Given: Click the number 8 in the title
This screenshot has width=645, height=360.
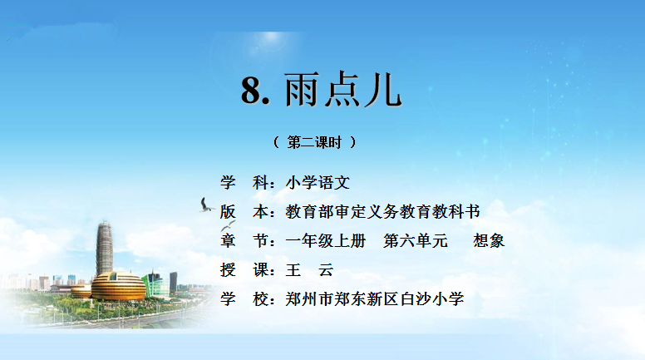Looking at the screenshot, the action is tap(251, 90).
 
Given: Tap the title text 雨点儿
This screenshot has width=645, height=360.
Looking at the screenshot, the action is tap(342, 89).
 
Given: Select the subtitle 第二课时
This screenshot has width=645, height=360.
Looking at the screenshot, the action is tap(314, 142).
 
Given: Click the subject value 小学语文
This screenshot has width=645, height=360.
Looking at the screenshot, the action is tap(318, 182).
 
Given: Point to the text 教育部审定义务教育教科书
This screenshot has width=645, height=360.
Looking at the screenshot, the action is tap(382, 211).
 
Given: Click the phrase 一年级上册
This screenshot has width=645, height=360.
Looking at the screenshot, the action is tap(325, 240).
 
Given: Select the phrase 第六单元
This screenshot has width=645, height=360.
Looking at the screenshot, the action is tap(415, 240).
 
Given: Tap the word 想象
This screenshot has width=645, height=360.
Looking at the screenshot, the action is tap(489, 240).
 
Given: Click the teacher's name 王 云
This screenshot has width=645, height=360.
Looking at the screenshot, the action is tap(309, 270).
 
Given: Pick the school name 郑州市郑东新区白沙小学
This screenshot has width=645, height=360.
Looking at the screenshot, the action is tap(375, 299).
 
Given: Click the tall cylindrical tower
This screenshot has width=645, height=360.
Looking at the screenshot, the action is tap(105, 248).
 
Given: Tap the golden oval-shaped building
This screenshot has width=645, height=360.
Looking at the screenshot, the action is tap(118, 286).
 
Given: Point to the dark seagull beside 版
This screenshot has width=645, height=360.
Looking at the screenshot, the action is tap(206, 205).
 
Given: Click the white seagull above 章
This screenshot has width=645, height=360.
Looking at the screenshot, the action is tap(229, 225).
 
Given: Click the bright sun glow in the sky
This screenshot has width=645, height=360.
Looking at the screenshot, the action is tap(272, 39).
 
